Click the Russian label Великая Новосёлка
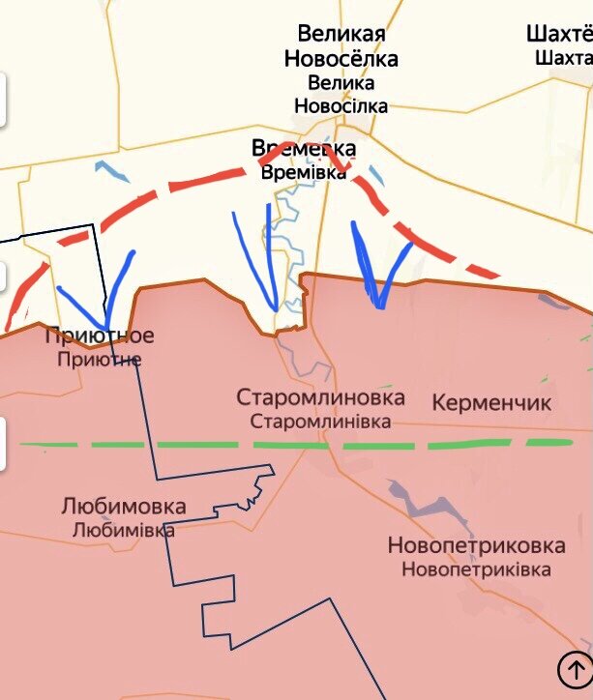[341, 46]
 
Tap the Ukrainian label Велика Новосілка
[341, 94]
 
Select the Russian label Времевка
[303, 149]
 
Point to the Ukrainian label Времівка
[303, 172]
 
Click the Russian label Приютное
[100, 336]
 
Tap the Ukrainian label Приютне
[100, 359]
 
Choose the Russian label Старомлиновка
[321, 397]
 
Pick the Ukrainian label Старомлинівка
[321, 422]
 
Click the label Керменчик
[491, 402]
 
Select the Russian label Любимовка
[123, 507]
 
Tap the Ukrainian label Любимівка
[123, 530]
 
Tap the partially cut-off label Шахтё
[559, 34]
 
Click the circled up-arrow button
[573, 668]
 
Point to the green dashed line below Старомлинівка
[290, 445]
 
